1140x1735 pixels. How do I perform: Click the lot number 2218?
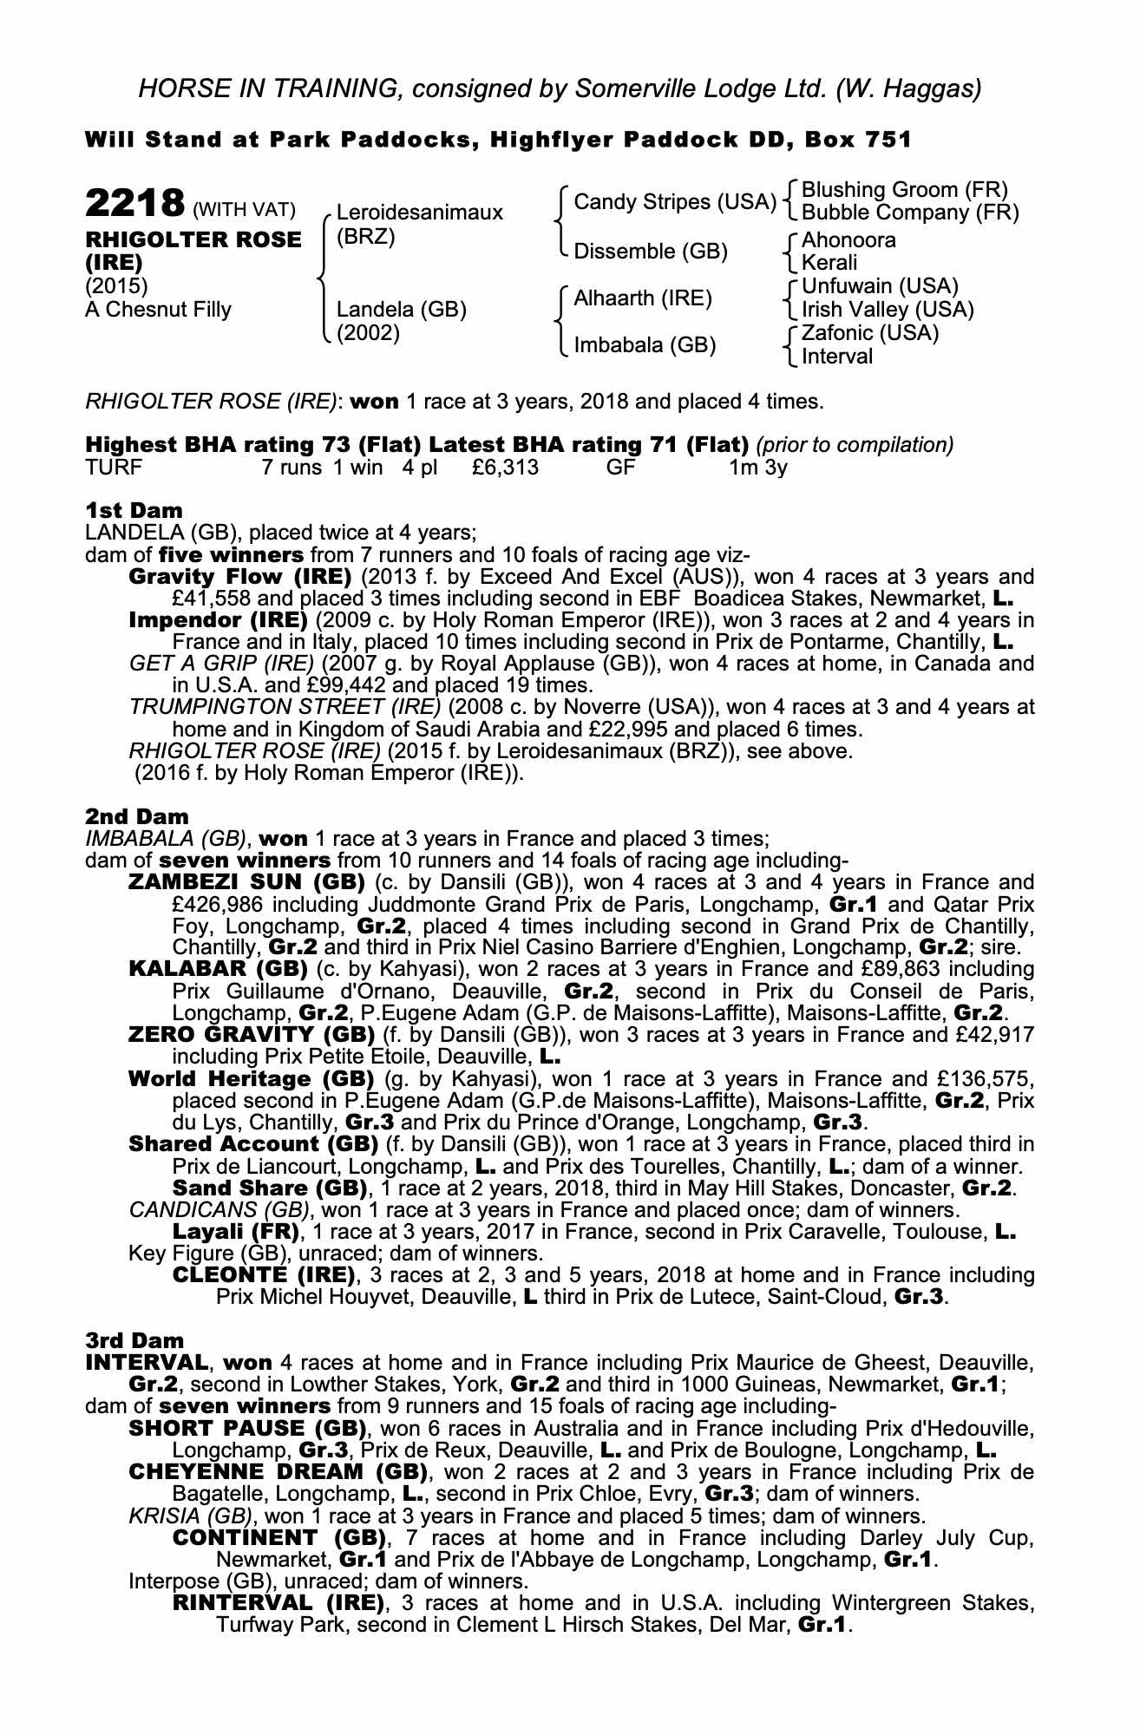click(135, 204)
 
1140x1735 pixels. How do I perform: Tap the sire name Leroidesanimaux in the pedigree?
click(419, 213)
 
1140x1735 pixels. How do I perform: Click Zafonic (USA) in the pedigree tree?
click(870, 333)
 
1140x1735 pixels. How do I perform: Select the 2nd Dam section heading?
click(136, 816)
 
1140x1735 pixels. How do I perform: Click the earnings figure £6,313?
click(506, 468)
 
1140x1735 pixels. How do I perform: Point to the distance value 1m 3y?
click(757, 468)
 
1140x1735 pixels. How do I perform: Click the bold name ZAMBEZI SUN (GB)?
click(246, 883)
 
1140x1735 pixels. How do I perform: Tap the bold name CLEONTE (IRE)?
click(265, 1275)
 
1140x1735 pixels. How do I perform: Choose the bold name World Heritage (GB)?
click(251, 1079)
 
